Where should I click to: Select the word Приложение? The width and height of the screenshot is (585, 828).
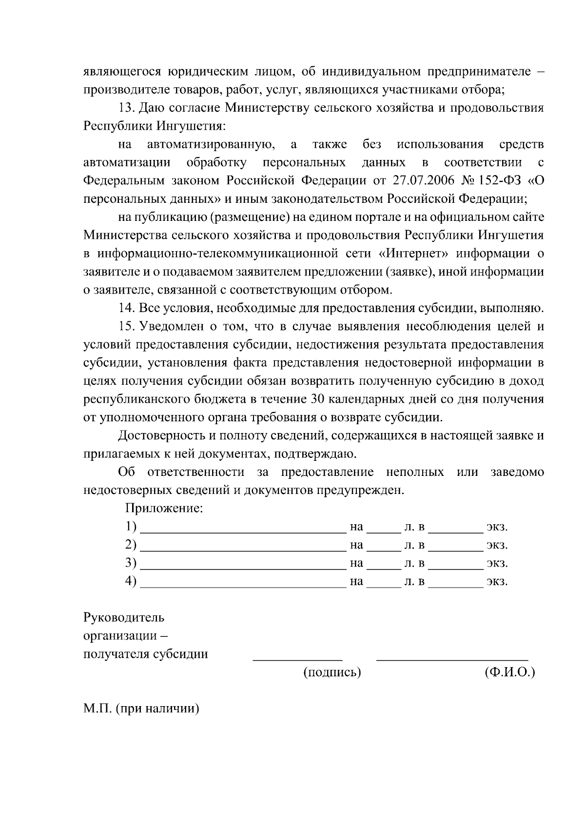pos(164,509)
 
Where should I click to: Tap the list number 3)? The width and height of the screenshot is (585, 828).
pos(130,563)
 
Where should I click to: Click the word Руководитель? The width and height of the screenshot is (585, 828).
pos(124,618)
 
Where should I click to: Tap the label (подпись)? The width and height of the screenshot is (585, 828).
pos(332,672)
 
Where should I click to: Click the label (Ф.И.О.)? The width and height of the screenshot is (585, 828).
pos(509,672)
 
